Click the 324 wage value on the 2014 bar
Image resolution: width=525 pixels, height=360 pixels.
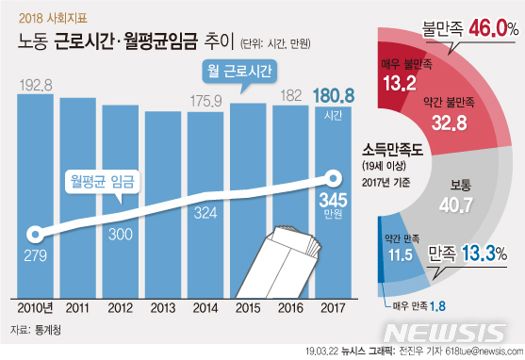[x=205, y=215]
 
